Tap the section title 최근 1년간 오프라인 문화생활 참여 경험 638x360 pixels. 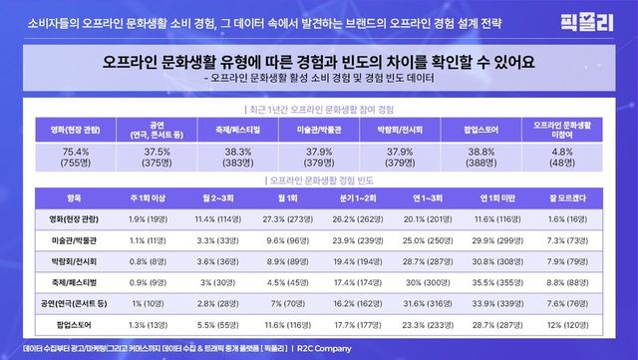tap(319, 106)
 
